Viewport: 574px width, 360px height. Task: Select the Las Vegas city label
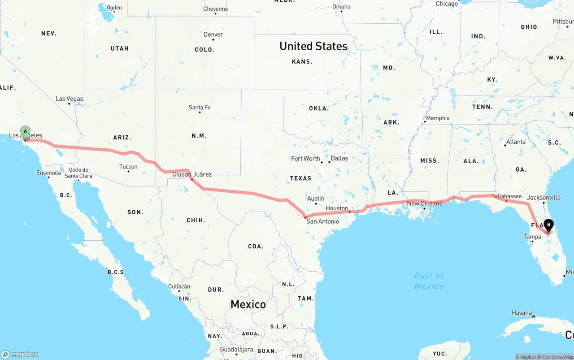70,99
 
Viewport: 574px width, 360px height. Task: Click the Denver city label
213,35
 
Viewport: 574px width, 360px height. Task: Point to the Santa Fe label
200,108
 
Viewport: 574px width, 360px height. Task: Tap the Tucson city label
128,167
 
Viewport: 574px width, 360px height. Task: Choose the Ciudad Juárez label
192,174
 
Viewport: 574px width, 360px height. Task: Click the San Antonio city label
322,221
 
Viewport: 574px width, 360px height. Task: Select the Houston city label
337,208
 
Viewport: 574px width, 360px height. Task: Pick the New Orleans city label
424,204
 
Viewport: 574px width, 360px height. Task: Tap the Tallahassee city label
506,196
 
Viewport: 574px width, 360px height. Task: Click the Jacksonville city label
544,197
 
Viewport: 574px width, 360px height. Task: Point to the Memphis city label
437,118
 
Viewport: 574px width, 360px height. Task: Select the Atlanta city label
516,142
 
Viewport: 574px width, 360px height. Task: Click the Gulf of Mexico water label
429,281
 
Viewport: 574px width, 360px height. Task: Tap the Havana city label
522,313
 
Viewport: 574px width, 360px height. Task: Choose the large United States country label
313,46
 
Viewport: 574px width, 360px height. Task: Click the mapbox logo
20,354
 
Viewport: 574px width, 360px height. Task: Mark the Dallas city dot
329,162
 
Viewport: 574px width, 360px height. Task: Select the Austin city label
316,199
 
